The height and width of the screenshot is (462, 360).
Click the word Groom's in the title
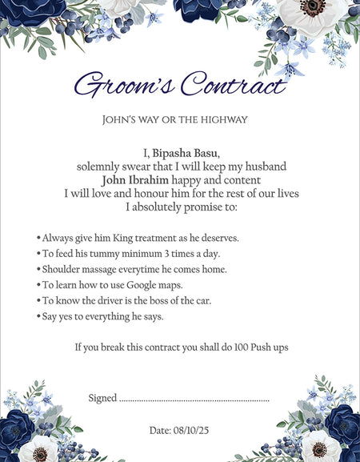pyautogui.click(x=122, y=84)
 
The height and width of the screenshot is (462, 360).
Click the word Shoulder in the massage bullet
pyautogui.click(x=63, y=269)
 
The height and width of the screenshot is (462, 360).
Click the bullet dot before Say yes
pyautogui.click(x=38, y=316)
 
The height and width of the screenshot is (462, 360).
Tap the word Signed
pyautogui.click(x=102, y=398)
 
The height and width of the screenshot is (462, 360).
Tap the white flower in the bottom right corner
pyautogui.click(x=321, y=445)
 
